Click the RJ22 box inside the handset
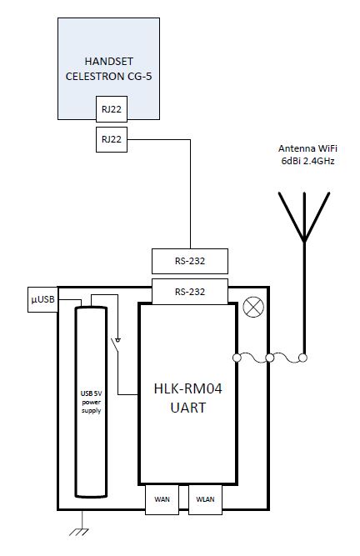click(112, 109)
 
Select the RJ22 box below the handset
click(112, 139)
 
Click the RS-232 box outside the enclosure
click(190, 261)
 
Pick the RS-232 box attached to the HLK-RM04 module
click(190, 292)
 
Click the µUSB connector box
click(42, 299)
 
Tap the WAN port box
click(162, 499)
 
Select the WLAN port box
click(206, 499)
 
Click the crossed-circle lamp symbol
click(253, 307)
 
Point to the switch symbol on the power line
click(116, 344)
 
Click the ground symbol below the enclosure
click(79, 532)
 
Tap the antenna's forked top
click(304, 217)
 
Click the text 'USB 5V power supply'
click(91, 402)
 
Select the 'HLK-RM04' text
click(187, 388)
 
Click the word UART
click(187, 408)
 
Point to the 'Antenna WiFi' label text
click(307, 148)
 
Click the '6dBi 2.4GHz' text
click(307, 161)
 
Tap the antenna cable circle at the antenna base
click(302, 358)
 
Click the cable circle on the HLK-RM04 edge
click(237, 358)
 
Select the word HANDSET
click(109, 62)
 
